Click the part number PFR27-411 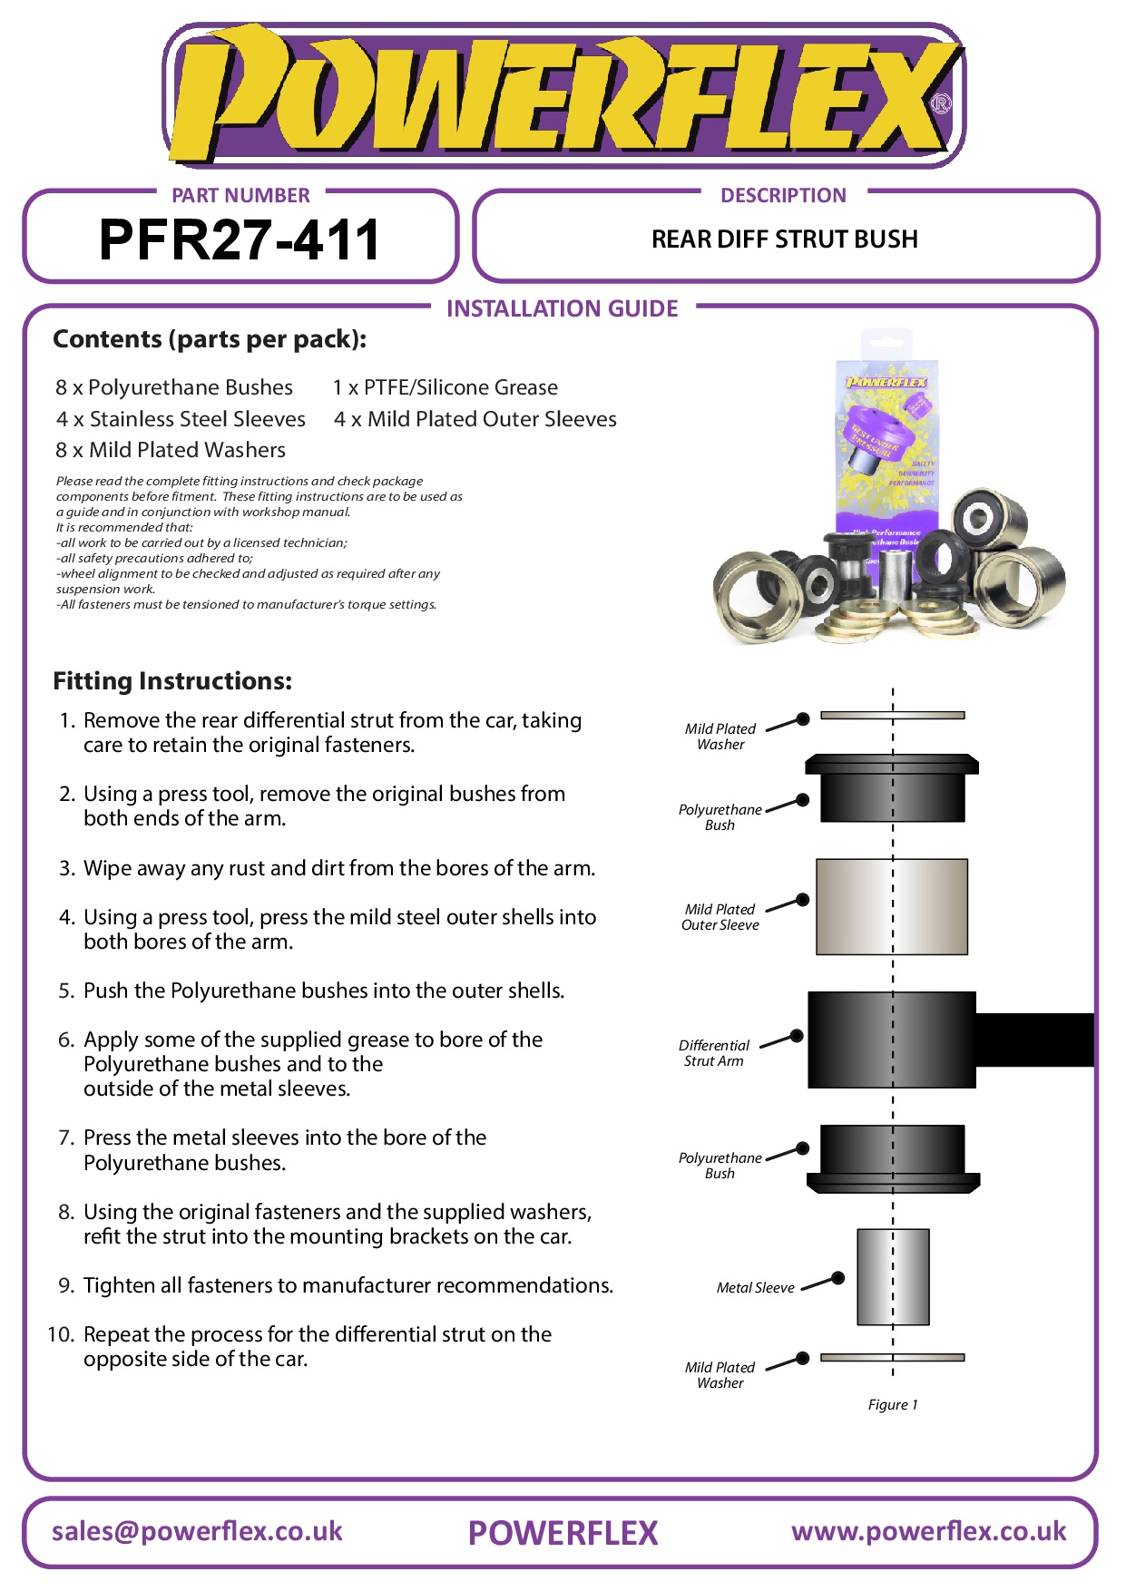[240, 240]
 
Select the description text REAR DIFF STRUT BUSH [784, 239]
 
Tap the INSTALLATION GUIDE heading [562, 309]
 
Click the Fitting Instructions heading [172, 681]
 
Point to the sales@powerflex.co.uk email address [197, 1531]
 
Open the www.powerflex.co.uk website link [928, 1531]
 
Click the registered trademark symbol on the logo [942, 103]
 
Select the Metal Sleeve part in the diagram [893, 1276]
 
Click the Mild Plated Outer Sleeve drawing [892, 906]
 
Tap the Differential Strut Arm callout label [714, 1053]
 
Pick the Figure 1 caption [893, 1405]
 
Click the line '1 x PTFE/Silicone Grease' [446, 388]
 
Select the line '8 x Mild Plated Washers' [171, 450]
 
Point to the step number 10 [61, 1334]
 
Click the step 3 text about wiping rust [338, 868]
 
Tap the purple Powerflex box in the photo [886, 444]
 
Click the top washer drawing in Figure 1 [892, 716]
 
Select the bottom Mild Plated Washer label [720, 1375]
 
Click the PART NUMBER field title [240, 196]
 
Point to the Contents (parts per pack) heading [210, 339]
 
